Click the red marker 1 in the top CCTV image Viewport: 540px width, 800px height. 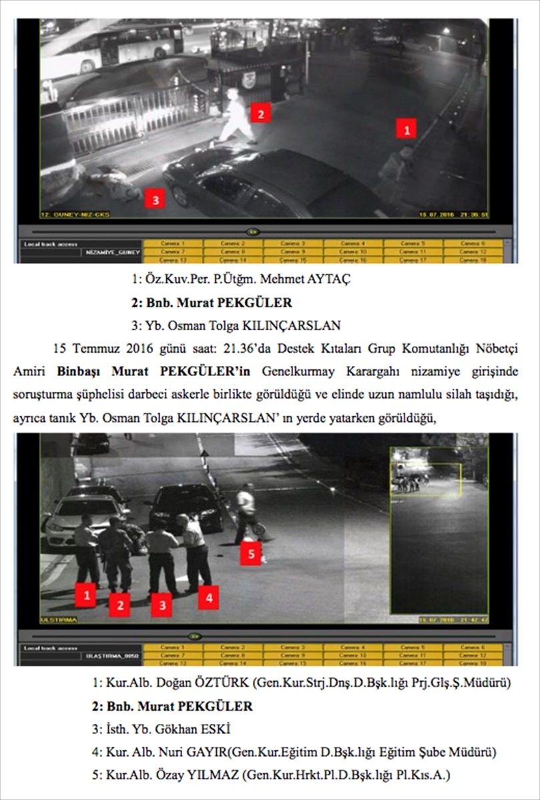click(x=406, y=128)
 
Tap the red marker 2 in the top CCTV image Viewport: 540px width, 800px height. click(x=260, y=113)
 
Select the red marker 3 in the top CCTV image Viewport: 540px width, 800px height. click(x=155, y=199)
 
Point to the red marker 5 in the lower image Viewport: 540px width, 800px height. click(x=250, y=553)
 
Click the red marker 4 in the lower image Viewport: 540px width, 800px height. click(x=208, y=597)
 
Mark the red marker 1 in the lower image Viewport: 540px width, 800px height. click(x=85, y=595)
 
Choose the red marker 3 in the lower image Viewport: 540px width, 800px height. click(x=162, y=605)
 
